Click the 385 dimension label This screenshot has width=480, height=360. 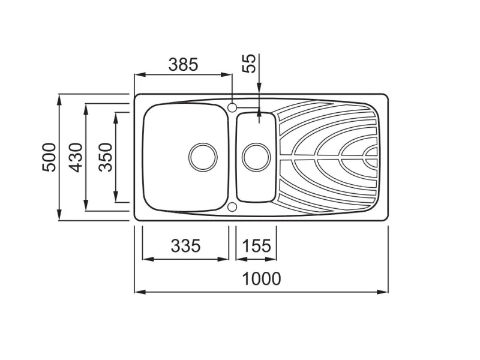184,65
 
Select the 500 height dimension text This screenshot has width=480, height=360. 49,157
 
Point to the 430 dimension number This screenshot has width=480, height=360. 76,157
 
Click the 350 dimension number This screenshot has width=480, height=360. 106,157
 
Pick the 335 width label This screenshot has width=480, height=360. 185,245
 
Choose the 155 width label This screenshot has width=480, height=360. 257,245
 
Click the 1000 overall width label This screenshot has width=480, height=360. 262,278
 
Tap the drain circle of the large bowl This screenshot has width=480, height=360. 203,157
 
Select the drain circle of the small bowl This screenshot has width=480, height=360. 256,157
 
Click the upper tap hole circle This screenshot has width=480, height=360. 232,107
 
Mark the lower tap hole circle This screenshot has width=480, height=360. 232,207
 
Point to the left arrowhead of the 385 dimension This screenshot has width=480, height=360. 140,74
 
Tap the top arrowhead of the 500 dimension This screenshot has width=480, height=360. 59,100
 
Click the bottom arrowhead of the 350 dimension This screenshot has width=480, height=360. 116,197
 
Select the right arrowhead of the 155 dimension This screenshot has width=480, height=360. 271,259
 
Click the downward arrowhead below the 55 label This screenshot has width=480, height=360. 259,87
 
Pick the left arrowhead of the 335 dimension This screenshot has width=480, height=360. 148,259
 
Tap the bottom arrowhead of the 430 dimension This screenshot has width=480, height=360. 86,205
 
